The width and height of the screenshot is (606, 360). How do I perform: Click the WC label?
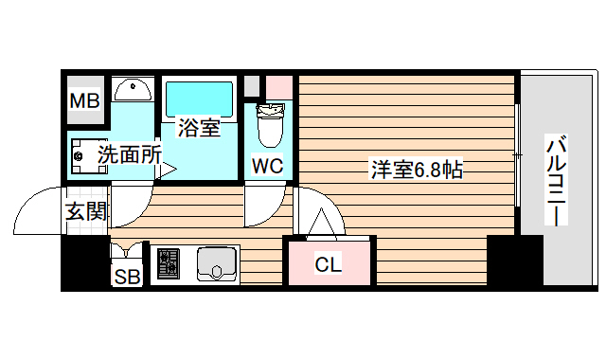pyautogui.click(x=268, y=166)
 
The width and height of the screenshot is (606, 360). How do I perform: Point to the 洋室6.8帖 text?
pyautogui.click(x=416, y=170)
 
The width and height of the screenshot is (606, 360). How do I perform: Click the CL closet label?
pyautogui.click(x=328, y=264)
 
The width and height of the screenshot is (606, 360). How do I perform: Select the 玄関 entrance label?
pyautogui.click(x=85, y=211)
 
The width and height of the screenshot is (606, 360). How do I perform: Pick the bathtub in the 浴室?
pyautogui.click(x=198, y=99)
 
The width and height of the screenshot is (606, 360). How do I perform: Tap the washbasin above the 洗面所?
pyautogui.click(x=134, y=91)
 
